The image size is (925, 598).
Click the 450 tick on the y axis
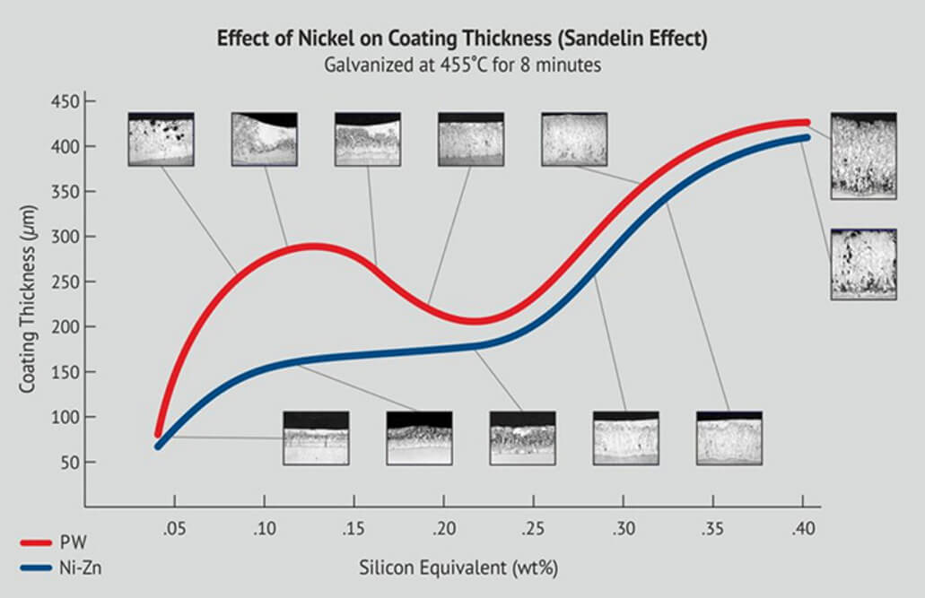(83, 101)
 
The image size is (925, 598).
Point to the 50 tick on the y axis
(83, 463)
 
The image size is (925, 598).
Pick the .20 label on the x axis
(443, 528)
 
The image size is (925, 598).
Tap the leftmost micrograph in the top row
(161, 139)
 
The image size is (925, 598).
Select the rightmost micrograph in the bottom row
(729, 438)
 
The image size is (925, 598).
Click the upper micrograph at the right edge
(863, 155)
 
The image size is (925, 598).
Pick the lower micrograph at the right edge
(863, 264)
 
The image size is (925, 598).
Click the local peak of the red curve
(310, 246)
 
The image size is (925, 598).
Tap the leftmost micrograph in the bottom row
(316, 438)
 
